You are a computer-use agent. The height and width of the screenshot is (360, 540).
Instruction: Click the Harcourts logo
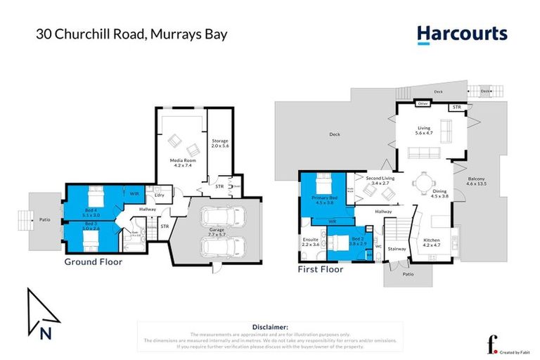tap(461, 34)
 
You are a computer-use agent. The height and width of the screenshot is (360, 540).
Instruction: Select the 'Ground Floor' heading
tap(94, 262)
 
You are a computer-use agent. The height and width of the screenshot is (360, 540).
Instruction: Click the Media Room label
tap(183, 162)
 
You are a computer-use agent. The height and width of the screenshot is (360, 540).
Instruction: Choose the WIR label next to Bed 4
tap(134, 193)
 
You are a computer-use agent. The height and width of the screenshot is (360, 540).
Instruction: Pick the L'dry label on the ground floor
tap(160, 195)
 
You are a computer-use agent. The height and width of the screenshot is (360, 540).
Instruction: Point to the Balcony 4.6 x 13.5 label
tap(481, 181)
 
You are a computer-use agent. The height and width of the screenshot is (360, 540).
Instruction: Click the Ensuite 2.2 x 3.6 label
tap(311, 243)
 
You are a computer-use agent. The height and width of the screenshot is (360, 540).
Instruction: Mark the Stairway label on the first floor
tap(397, 248)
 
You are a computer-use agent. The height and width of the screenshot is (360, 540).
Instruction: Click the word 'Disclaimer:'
tap(270, 327)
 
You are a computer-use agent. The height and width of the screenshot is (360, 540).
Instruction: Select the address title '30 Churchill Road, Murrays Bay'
tap(132, 34)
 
